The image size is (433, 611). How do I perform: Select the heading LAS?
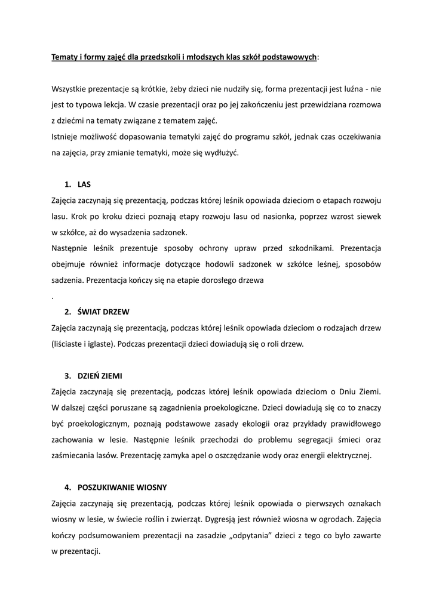coord(84,184)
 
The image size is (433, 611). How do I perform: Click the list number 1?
coord(67,184)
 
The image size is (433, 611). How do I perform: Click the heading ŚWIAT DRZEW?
coord(103,312)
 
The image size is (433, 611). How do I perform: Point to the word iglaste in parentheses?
coord(111,344)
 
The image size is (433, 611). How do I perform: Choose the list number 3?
coord(67,376)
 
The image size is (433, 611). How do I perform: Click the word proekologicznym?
coord(93,424)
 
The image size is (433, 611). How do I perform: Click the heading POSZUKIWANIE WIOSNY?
coord(122,487)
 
